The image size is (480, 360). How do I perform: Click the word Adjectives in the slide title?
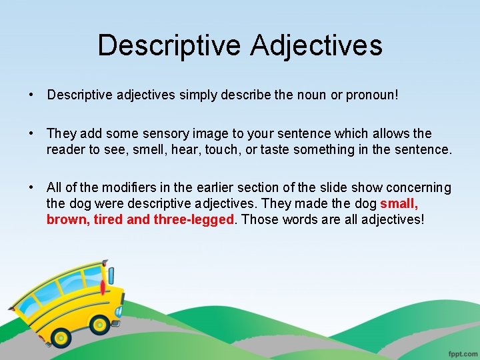click(x=317, y=45)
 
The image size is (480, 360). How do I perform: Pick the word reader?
click(x=65, y=150)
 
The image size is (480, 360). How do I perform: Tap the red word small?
click(x=399, y=204)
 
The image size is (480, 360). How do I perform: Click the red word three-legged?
click(x=194, y=219)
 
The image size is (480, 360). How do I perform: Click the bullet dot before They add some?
click(x=31, y=134)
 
